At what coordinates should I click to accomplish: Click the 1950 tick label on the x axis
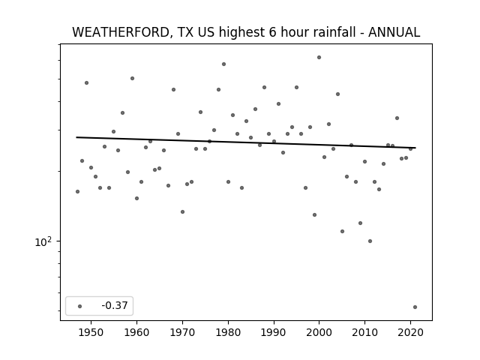(x=91, y=332)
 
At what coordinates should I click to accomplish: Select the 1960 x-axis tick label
(x=136, y=332)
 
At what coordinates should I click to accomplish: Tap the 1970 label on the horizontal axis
(x=182, y=332)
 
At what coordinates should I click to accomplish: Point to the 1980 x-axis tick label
(x=228, y=332)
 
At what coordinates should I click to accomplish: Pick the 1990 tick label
(x=274, y=332)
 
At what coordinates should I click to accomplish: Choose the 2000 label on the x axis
(x=319, y=332)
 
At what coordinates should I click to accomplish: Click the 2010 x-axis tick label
(x=364, y=332)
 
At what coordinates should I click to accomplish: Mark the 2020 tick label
(x=410, y=332)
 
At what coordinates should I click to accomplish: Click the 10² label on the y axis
(x=43, y=241)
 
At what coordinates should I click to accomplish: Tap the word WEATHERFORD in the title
(x=121, y=32)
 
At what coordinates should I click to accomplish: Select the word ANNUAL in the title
(x=394, y=32)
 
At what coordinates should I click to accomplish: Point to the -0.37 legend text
(x=115, y=305)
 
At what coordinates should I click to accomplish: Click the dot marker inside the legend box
(x=80, y=306)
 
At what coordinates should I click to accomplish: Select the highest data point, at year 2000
(x=319, y=57)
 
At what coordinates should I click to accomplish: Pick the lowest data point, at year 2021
(x=415, y=307)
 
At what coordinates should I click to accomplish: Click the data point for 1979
(x=223, y=64)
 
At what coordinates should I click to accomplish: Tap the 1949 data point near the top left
(x=87, y=82)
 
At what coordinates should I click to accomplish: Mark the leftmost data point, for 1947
(x=77, y=192)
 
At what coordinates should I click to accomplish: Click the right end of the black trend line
(x=415, y=148)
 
